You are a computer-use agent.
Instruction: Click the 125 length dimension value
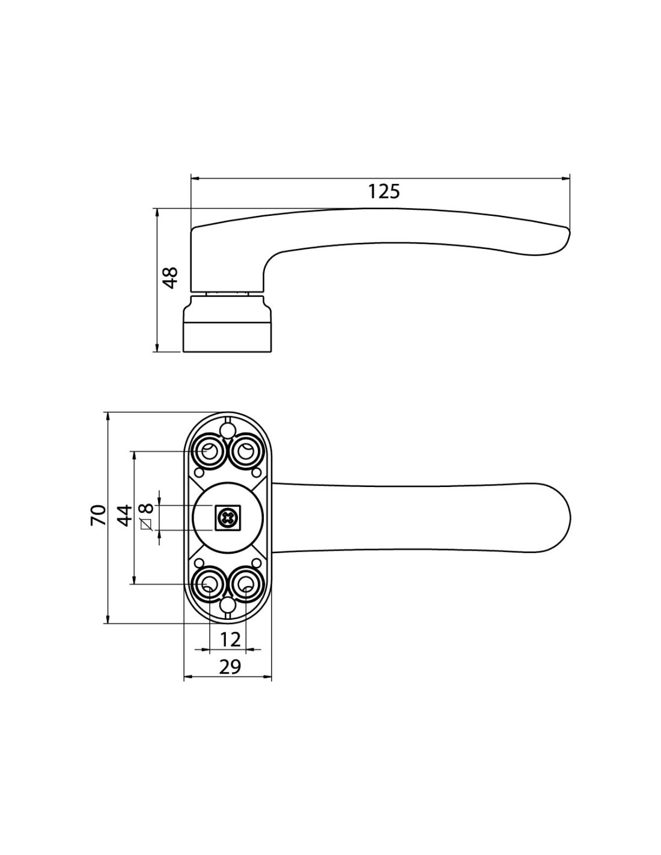pyautogui.click(x=384, y=191)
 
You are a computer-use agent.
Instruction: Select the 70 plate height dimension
pyautogui.click(x=99, y=515)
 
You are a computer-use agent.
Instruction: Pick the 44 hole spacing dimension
pyautogui.click(x=124, y=515)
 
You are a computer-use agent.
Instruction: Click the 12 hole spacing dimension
pyautogui.click(x=230, y=639)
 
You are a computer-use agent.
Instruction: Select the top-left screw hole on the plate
pyautogui.click(x=209, y=452)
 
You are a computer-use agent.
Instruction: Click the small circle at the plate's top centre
pyautogui.click(x=227, y=429)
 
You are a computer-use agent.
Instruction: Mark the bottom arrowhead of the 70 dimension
pyautogui.click(x=107, y=617)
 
